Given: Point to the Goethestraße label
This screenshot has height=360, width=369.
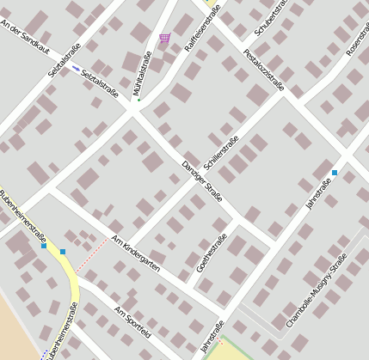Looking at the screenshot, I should [212, 253].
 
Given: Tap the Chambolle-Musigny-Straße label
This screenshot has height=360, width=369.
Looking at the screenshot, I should [316, 290].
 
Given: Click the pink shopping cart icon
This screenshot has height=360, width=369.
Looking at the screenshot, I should [164, 38].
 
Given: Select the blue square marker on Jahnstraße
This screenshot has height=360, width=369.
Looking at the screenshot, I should [335, 173].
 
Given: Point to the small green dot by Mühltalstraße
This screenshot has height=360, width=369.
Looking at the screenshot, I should [138, 101].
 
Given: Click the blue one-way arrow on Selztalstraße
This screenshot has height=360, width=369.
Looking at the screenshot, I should [75, 67].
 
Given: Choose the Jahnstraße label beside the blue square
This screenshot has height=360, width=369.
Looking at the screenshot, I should [318, 196].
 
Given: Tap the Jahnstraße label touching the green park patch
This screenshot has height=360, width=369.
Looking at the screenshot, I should [212, 336].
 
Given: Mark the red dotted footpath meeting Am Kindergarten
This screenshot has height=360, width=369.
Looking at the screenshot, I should [91, 256].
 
